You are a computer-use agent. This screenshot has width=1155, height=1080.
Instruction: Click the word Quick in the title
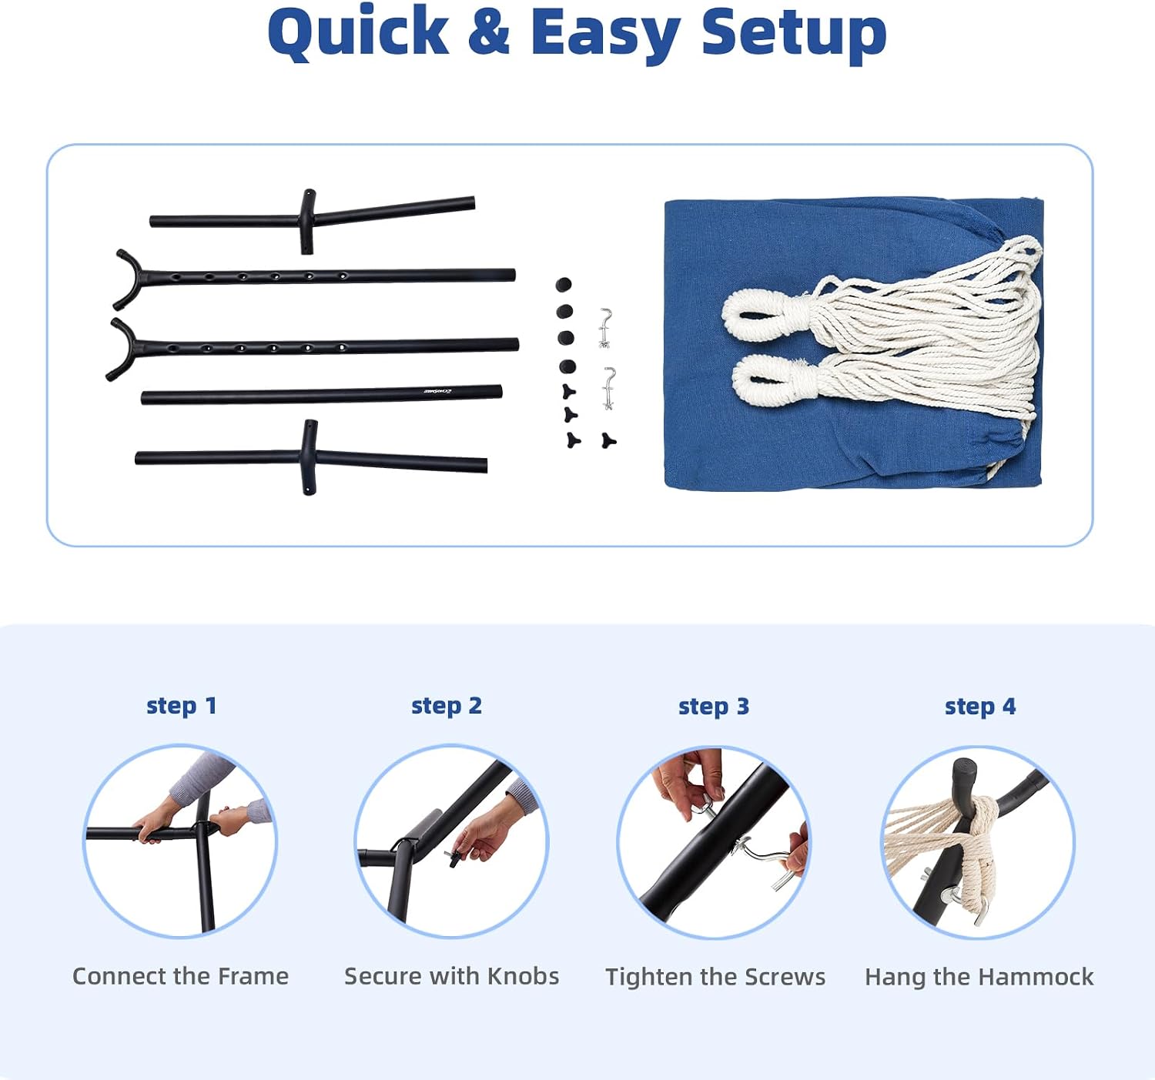[x=358, y=33]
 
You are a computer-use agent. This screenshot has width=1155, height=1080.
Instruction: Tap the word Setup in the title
[x=794, y=35]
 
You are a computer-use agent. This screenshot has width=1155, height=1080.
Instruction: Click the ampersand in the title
[x=489, y=32]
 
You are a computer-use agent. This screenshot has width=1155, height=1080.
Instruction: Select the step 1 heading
[x=182, y=705]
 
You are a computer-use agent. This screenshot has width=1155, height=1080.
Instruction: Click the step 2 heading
[x=447, y=705]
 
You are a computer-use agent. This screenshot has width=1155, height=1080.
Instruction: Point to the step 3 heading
[x=714, y=706]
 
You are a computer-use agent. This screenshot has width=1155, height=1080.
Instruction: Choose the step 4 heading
[x=980, y=706]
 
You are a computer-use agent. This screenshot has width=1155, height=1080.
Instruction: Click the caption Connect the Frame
[x=180, y=976]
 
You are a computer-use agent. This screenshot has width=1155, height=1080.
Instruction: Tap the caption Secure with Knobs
[x=451, y=976]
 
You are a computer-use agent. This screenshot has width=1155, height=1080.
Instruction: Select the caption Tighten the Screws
[x=715, y=977]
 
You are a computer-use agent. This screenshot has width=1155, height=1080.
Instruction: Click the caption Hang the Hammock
[x=979, y=977]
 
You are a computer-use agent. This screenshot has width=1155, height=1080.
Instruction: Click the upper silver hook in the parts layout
[x=605, y=328]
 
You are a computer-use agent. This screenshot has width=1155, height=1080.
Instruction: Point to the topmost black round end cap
[x=564, y=284]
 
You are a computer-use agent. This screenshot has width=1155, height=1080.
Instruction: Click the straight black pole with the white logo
[x=322, y=395]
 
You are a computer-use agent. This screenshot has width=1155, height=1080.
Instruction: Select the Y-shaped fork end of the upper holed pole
[x=128, y=279]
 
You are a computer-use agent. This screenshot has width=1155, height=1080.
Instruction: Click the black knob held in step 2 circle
[x=453, y=858]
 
